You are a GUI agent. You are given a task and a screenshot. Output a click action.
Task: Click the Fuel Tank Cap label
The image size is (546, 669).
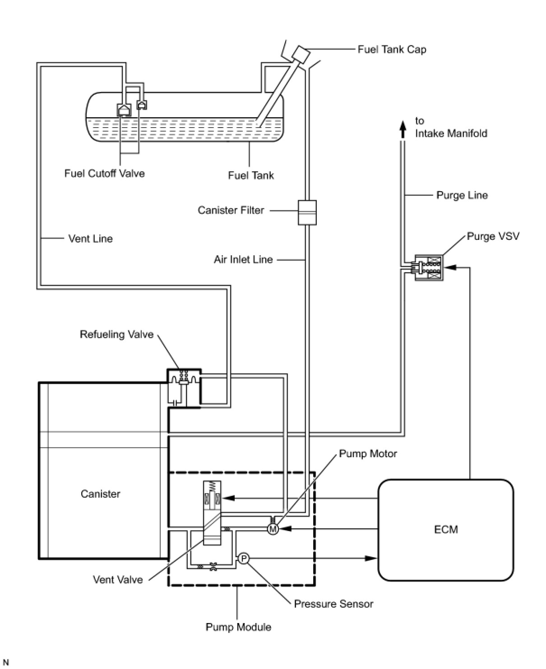click(392, 50)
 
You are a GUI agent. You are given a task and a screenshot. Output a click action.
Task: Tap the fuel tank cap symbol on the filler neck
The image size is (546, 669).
click(301, 54)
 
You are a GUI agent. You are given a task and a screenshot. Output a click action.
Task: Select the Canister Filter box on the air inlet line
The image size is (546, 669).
click(307, 212)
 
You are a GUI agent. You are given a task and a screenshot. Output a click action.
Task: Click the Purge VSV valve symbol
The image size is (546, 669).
click(429, 267)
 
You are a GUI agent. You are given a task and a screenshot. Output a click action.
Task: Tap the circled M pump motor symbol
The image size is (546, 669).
click(273, 529)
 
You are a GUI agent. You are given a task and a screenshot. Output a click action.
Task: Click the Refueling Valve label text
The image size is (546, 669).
click(116, 334)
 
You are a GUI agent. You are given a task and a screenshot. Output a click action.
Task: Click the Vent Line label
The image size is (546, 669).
click(90, 238)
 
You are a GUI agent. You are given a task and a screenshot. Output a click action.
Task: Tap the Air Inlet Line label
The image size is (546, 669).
click(243, 260)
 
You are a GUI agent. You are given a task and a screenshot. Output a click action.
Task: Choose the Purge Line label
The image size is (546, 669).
click(462, 195)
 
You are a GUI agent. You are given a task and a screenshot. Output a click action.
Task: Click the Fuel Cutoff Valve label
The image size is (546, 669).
click(104, 174)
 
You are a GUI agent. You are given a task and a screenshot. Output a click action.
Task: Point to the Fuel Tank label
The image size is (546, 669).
click(251, 175)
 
